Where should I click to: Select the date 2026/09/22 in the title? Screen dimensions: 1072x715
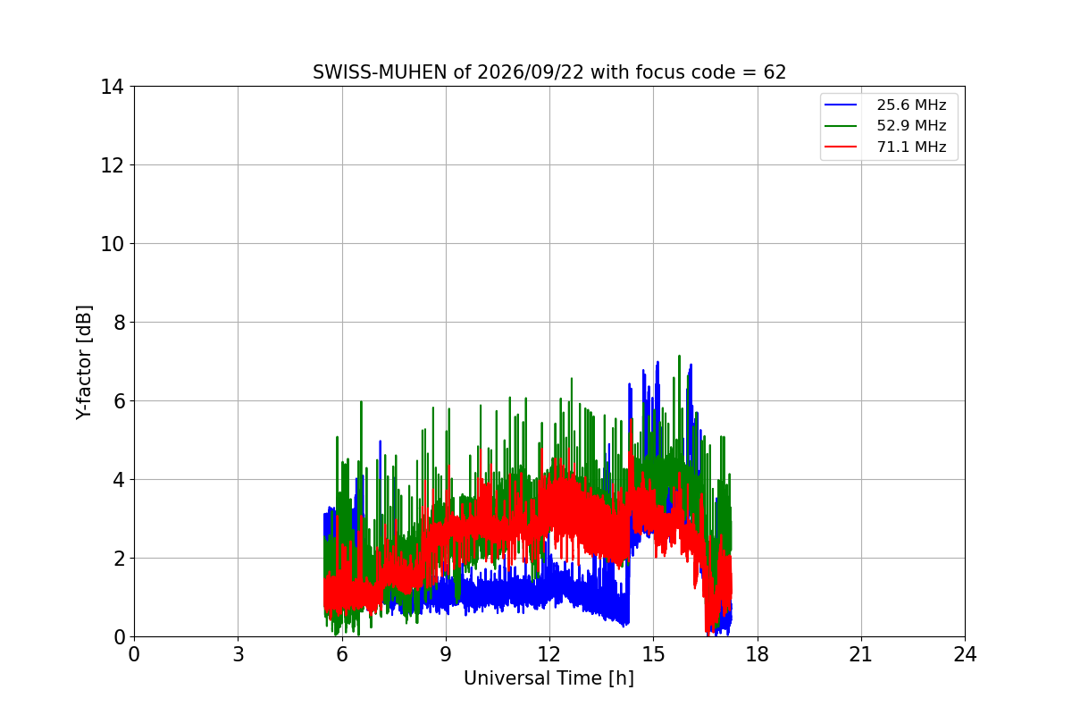531,72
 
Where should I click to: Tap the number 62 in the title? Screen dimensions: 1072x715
775,72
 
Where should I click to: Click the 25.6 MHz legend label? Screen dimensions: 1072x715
911,105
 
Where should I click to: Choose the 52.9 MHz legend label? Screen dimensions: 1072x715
911,125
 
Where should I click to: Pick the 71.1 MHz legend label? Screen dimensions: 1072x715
911,147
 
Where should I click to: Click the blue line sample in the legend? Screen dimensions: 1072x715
841,105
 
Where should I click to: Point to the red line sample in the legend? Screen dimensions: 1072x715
841,147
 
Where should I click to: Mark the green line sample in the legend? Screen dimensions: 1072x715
841,125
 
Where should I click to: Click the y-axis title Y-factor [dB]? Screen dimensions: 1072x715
84,363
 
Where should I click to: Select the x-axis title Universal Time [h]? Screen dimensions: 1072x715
549,678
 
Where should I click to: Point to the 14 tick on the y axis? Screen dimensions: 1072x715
112,88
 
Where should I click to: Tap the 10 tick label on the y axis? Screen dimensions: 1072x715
112,244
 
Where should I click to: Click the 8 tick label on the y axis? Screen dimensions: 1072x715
119,323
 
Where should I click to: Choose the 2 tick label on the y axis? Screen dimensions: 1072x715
119,559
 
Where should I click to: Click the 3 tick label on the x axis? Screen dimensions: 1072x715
239,654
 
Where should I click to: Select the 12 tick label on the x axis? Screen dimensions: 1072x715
549,654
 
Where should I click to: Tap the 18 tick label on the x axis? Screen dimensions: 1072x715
758,654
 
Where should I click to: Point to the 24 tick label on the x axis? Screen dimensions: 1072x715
966,654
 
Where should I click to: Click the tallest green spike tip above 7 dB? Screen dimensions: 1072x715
679,356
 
